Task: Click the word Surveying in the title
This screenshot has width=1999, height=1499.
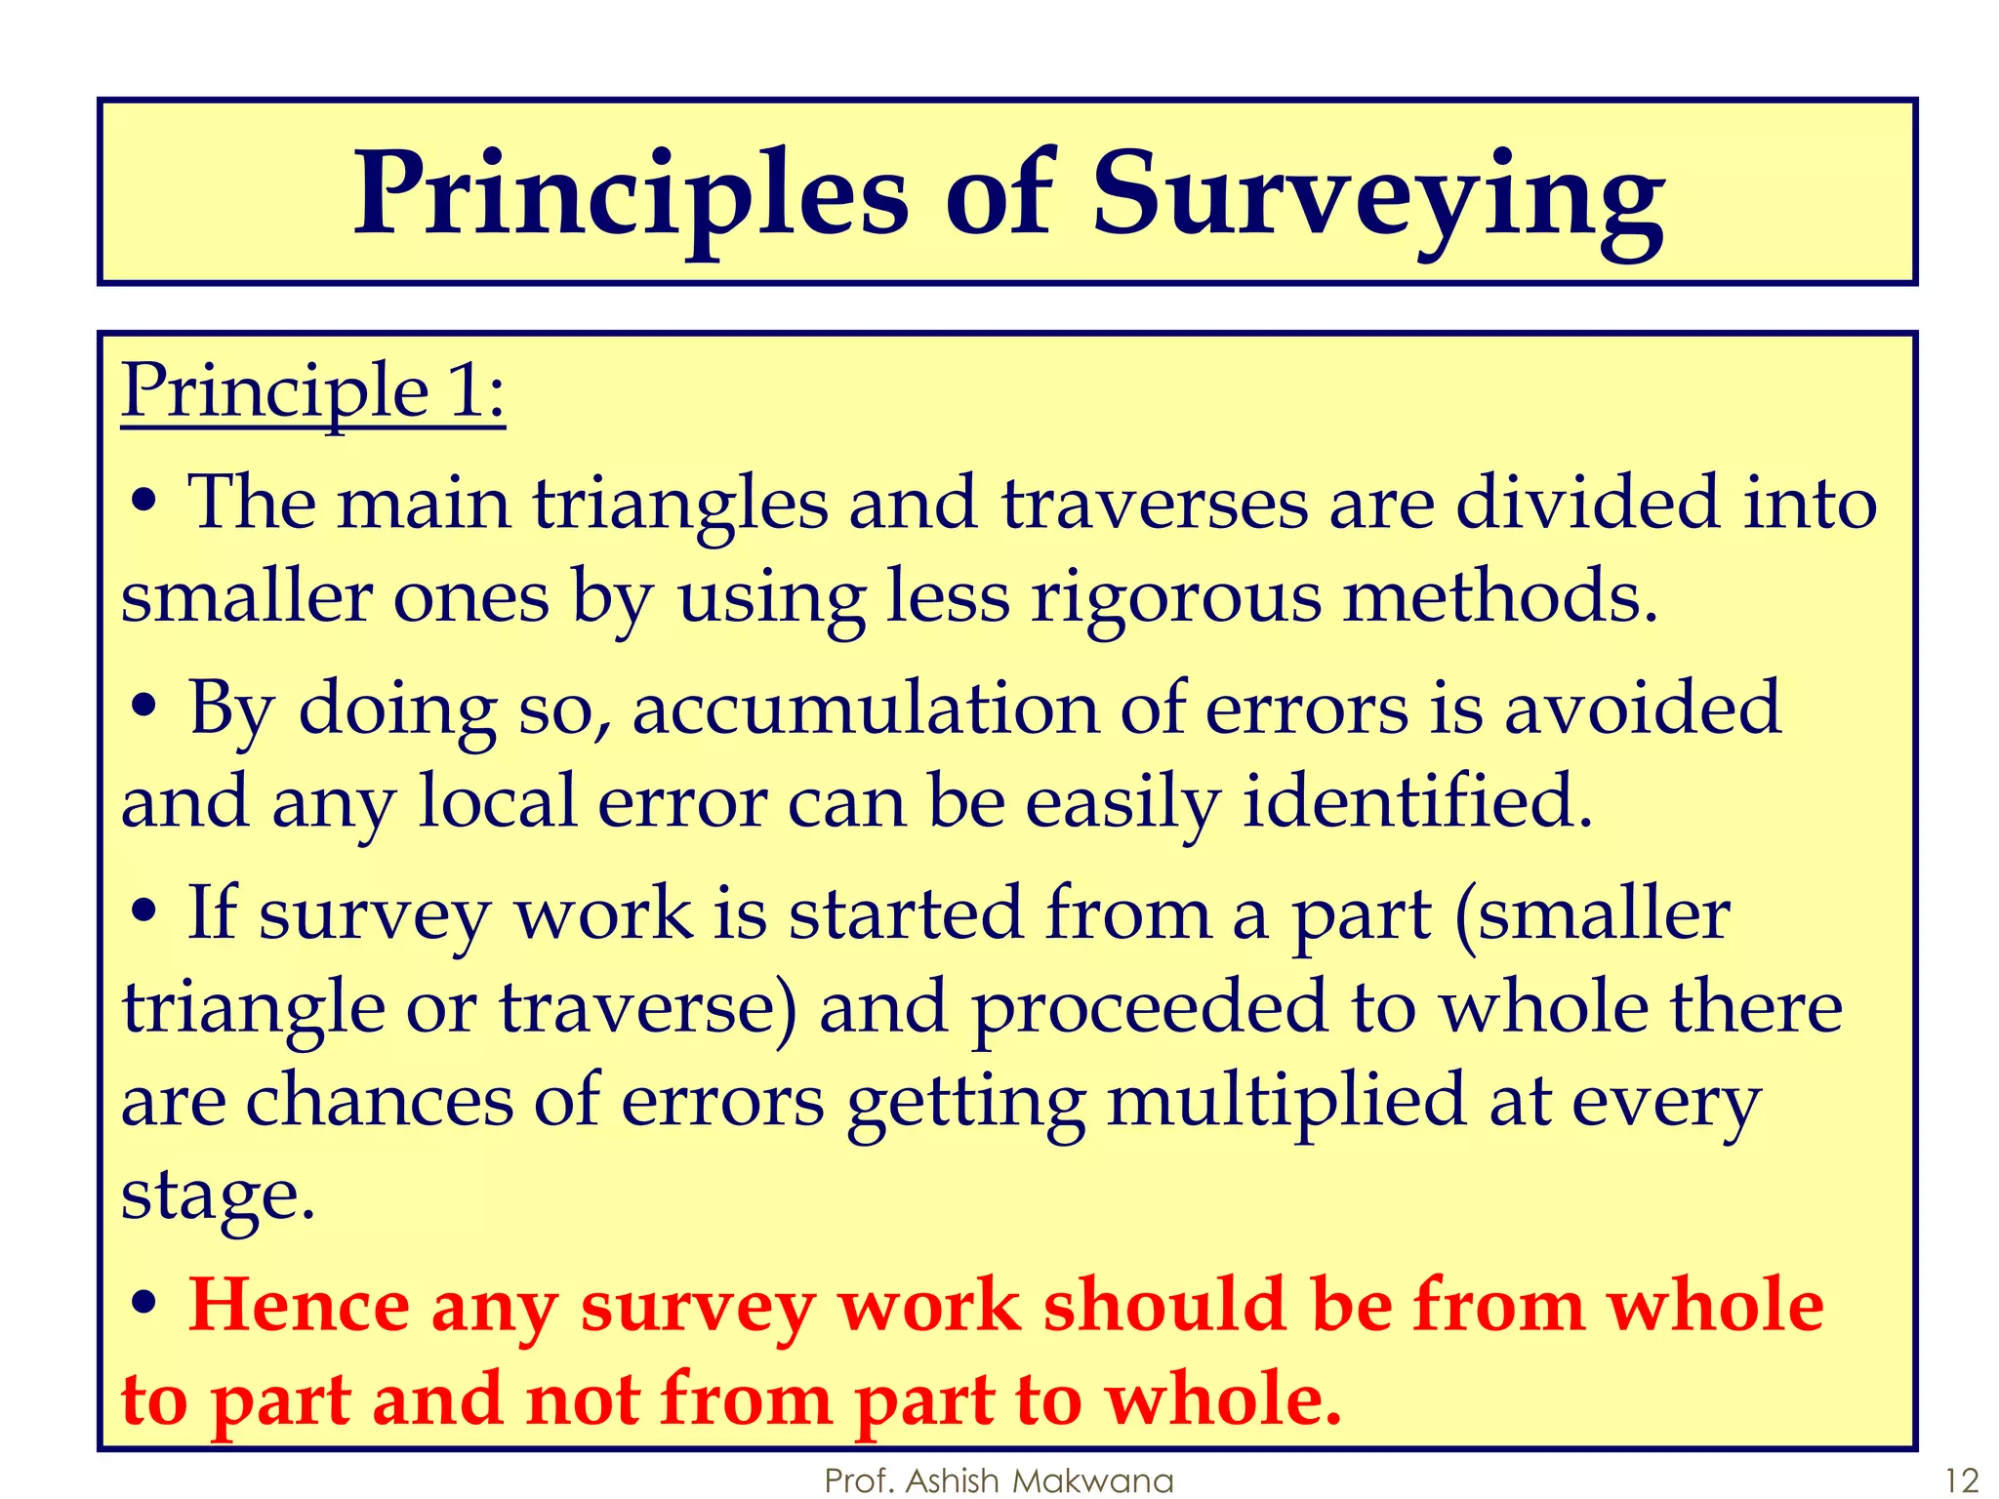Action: click(x=1377, y=195)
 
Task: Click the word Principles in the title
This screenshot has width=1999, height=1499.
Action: click(x=631, y=195)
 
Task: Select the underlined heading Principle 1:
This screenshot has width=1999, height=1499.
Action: click(x=313, y=390)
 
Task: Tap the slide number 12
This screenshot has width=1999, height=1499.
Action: click(x=1961, y=1479)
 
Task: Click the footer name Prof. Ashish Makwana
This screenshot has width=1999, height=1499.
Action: click(x=999, y=1479)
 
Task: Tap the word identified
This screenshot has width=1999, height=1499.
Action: click(x=1416, y=802)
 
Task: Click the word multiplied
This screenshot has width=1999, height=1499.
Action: click(x=1286, y=1101)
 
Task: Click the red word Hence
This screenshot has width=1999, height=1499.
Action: click(x=299, y=1306)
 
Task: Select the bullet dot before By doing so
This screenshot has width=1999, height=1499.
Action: click(x=143, y=709)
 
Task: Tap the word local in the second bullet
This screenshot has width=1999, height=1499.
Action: click(x=497, y=802)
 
